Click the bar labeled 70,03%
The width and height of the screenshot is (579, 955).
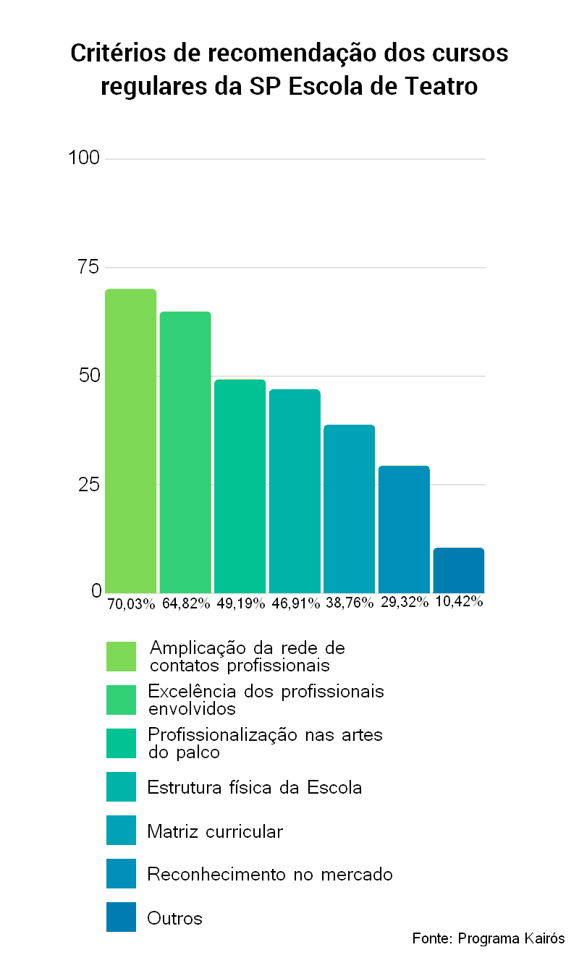[131, 441]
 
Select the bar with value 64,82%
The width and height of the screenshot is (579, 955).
[185, 452]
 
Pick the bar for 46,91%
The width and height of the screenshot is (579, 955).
[295, 491]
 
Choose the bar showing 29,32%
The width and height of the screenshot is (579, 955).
[404, 530]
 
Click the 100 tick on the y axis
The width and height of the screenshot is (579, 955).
[84, 158]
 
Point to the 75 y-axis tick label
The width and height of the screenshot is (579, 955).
[88, 267]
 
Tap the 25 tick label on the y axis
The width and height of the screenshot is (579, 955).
[88, 484]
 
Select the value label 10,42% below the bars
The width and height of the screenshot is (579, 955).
[459, 601]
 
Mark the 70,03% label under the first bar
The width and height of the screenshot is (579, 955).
[131, 603]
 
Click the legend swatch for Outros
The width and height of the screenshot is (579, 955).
[121, 917]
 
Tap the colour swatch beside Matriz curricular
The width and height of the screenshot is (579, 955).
[121, 830]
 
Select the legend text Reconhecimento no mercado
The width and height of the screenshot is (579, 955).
[270, 875]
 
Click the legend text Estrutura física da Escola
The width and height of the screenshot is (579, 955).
[254, 787]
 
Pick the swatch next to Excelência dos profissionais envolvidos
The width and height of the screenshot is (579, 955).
[121, 700]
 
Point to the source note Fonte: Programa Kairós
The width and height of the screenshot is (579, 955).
[488, 938]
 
